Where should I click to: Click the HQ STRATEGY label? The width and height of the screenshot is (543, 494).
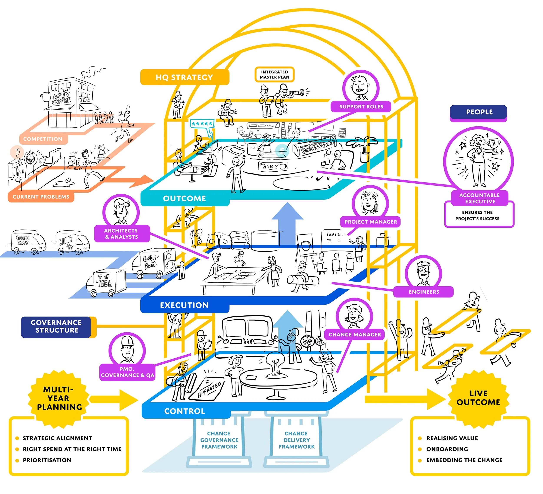(x=184, y=77)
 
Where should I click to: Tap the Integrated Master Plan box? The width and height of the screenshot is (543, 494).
(x=275, y=75)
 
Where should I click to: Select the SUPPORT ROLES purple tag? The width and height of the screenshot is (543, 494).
(x=361, y=107)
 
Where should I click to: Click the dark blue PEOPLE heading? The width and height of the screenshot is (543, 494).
(x=479, y=112)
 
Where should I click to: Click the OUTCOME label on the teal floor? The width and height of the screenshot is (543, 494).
(x=184, y=199)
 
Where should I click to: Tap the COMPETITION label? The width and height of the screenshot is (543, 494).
(x=43, y=139)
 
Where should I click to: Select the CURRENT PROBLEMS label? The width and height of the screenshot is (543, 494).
(x=41, y=197)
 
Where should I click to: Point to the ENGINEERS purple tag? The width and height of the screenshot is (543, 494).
(x=424, y=292)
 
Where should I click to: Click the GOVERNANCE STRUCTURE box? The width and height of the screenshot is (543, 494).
(x=56, y=327)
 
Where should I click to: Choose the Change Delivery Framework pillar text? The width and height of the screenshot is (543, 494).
(x=296, y=440)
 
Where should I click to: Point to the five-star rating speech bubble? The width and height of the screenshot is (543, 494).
(x=202, y=124)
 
